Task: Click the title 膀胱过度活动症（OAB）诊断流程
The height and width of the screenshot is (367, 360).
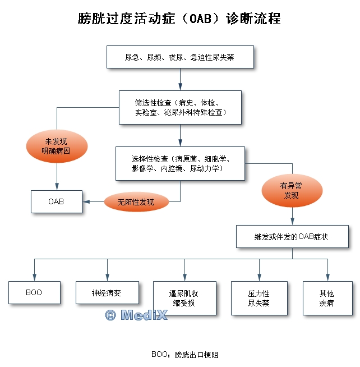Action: pos(179,19)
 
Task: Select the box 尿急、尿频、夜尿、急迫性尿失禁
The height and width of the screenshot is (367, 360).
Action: pos(181,57)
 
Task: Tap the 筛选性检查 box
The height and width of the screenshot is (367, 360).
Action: pos(180,107)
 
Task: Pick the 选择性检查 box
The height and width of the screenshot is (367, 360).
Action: pos(180,163)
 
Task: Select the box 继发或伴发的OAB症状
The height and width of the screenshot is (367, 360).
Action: pos(292,237)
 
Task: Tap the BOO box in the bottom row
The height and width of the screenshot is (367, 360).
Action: pos(34,292)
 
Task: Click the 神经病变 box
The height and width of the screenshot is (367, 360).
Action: pos(107,292)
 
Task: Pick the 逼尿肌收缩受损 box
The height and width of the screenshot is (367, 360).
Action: pos(184,297)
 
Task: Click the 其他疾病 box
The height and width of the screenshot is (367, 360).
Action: pos(326,297)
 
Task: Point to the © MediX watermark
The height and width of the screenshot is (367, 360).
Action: pos(136,315)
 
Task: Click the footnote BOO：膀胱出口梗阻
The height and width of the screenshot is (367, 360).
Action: pos(185,354)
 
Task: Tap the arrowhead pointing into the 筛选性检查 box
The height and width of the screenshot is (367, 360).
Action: pos(180,87)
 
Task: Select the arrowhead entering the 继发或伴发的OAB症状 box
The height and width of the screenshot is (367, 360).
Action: pos(292,222)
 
